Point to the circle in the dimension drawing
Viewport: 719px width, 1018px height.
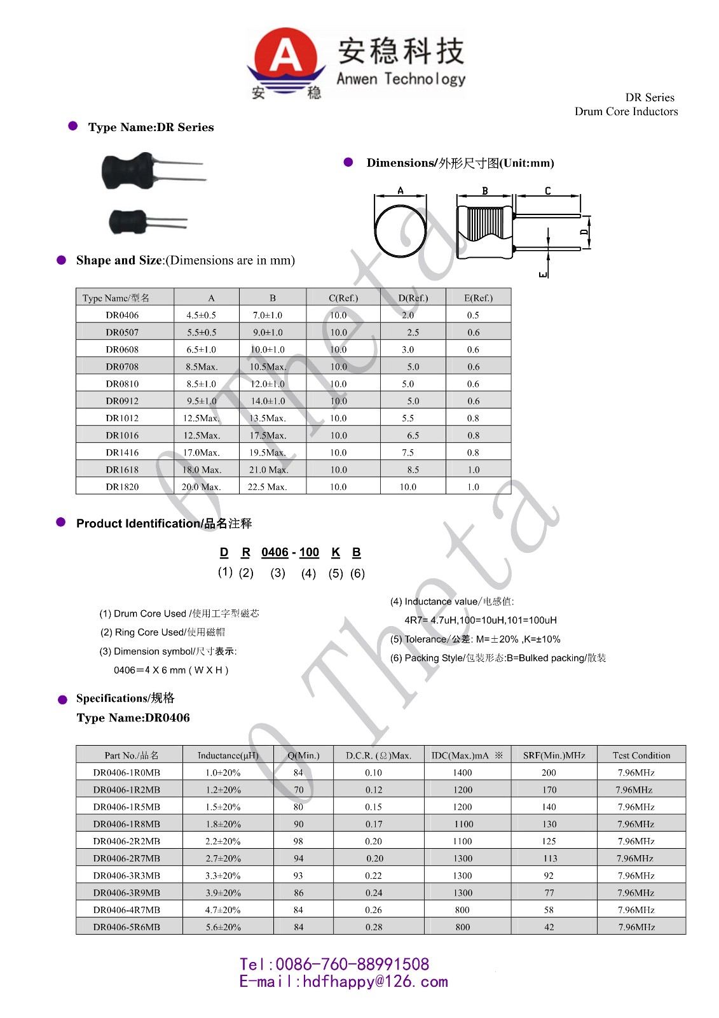click(x=401, y=230)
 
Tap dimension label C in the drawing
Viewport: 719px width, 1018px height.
click(x=547, y=191)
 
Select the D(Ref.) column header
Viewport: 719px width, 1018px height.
click(x=413, y=298)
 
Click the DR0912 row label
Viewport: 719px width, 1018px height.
click(x=122, y=401)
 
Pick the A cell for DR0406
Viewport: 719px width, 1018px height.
click(x=201, y=315)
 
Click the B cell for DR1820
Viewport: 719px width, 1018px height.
click(x=267, y=487)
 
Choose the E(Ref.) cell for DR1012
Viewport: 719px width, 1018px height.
click(x=473, y=418)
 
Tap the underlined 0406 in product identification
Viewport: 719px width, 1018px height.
click(x=275, y=552)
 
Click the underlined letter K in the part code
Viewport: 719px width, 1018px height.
click(x=336, y=552)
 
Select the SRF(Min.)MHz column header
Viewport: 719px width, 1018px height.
click(x=554, y=755)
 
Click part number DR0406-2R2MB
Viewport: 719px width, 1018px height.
click(x=127, y=841)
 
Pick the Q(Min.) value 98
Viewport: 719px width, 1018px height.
click(x=298, y=841)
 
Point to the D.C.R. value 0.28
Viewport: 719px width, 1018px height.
click(x=374, y=927)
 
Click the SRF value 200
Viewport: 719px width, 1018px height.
click(x=549, y=772)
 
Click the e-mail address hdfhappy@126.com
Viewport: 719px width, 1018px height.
click(x=375, y=982)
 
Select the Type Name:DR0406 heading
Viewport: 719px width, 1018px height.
click(x=133, y=718)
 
